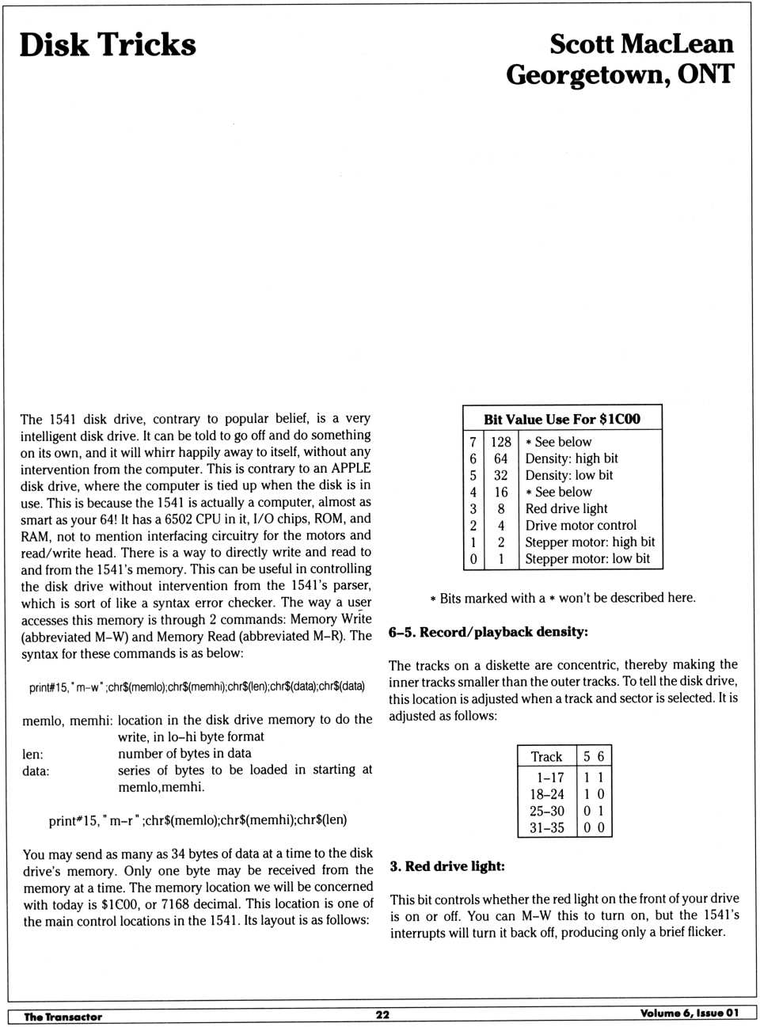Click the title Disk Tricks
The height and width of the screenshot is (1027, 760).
(108, 45)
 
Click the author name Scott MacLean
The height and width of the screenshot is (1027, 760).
(641, 44)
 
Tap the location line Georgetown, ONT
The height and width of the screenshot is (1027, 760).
(620, 75)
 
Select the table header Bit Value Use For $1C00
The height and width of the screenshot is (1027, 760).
(562, 419)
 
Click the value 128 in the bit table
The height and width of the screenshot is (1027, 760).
(500, 442)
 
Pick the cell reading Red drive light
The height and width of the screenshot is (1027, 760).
(566, 508)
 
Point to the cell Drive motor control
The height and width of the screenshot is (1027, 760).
(580, 525)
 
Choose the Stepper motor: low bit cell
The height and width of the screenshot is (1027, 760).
(587, 558)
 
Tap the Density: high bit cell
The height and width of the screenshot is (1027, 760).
(572, 458)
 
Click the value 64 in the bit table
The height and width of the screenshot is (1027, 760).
(500, 458)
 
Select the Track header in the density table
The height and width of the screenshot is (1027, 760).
(546, 756)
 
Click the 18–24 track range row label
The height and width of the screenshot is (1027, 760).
(547, 794)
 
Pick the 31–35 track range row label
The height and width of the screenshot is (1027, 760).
(547, 827)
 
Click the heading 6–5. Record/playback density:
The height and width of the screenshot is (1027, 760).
(488, 632)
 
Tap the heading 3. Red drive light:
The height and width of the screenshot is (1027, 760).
(446, 866)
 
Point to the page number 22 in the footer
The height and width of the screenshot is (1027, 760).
(382, 1015)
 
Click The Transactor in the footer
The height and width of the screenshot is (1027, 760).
(63, 1017)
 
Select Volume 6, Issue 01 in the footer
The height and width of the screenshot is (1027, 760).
(689, 1014)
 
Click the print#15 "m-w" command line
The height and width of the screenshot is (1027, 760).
(196, 687)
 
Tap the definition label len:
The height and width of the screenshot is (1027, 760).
(32, 754)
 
